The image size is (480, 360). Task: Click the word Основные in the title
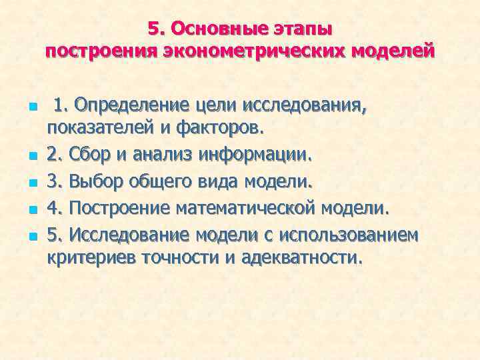point(211,29)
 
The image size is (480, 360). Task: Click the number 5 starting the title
point(153,29)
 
